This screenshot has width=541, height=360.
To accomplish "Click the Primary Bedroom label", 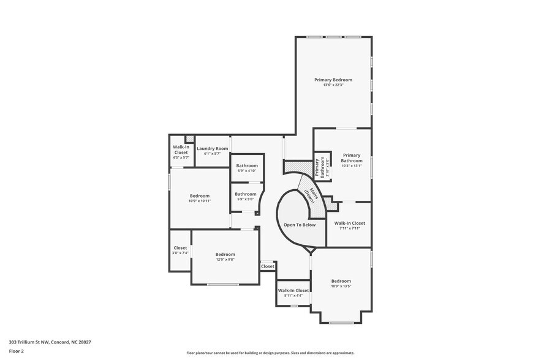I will click(x=333, y=80).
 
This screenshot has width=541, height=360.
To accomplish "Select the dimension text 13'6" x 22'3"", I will click(x=333, y=85).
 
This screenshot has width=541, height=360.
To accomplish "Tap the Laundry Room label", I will click(x=212, y=149).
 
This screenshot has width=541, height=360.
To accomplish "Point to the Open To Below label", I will click(x=300, y=225).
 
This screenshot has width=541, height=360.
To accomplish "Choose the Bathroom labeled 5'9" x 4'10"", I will click(x=247, y=165).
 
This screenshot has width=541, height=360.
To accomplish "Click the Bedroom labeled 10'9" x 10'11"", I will click(x=199, y=196).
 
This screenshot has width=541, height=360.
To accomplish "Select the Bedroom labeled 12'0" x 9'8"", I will click(x=225, y=254).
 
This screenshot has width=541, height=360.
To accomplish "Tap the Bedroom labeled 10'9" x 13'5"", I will click(x=341, y=281).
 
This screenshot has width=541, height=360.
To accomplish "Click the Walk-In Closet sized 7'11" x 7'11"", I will click(x=349, y=223).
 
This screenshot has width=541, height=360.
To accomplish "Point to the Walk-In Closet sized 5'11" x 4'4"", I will click(x=293, y=291).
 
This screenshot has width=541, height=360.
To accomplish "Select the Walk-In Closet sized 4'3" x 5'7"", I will click(x=181, y=149).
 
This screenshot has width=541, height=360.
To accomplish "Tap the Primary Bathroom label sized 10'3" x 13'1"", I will click(x=352, y=158).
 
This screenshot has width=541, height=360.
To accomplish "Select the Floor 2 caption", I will click(x=17, y=351).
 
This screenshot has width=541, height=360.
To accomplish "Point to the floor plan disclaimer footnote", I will click(x=270, y=353).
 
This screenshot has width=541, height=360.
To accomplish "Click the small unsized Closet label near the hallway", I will click(x=268, y=266).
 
